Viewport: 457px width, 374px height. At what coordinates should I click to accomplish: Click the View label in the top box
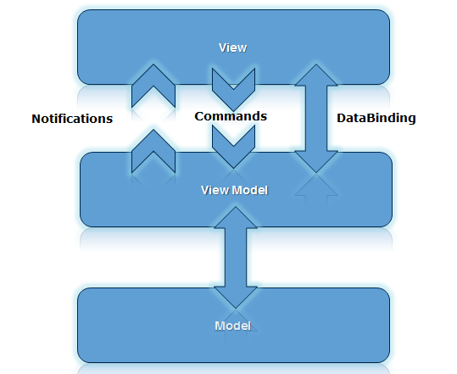pos(232,47)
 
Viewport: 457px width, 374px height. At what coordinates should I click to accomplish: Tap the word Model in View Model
pos(250,190)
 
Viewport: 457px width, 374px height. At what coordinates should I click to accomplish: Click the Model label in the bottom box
pos(232,326)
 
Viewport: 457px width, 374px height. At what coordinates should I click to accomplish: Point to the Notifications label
pos(72,119)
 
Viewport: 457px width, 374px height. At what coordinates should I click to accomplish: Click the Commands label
pos(231,116)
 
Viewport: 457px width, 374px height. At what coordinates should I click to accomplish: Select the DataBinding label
pos(376,118)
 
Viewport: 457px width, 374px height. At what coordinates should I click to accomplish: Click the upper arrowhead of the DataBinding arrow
pos(316,76)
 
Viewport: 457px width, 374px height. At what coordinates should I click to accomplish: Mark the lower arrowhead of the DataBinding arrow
pos(316,161)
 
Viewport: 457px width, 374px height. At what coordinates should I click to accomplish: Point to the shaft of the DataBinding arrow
pos(316,119)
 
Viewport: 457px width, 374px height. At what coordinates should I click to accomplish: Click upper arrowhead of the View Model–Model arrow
pos(236,219)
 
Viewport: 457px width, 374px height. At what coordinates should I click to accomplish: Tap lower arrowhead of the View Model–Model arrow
pos(236,297)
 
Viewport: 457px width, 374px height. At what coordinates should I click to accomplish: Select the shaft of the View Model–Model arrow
pos(236,258)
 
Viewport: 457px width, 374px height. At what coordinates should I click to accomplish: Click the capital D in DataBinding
pos(341,118)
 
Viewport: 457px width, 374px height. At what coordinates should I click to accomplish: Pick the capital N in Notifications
pos(36,119)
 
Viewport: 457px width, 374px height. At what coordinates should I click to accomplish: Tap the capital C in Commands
pos(199,116)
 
